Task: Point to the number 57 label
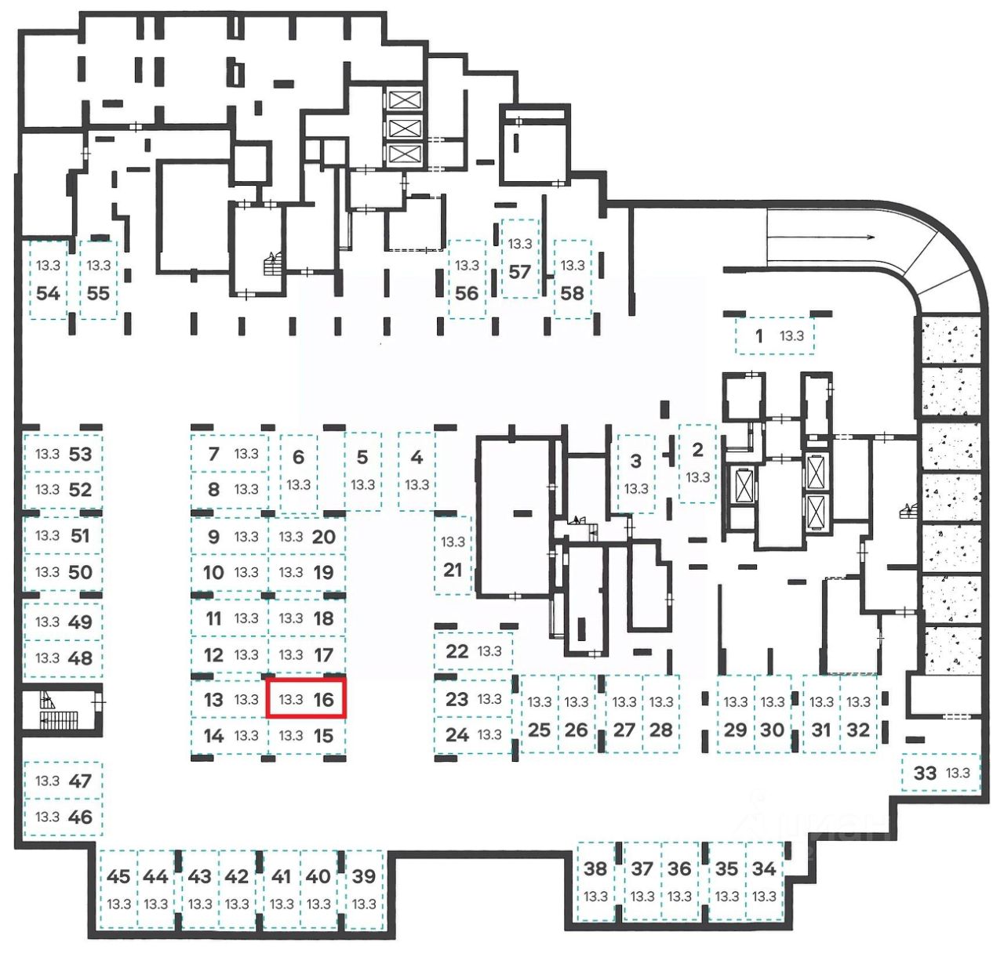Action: pyautogui.click(x=519, y=272)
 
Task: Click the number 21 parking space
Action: pyautogui.click(x=453, y=556)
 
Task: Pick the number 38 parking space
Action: pyautogui.click(x=595, y=881)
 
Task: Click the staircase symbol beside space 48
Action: pyautogui.click(x=60, y=709)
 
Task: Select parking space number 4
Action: pyautogui.click(x=417, y=470)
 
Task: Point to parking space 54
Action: pyautogui.click(x=48, y=279)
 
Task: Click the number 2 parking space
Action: pyautogui.click(x=697, y=463)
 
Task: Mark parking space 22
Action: pyautogui.click(x=473, y=651)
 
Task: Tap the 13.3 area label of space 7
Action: pyautogui.click(x=246, y=454)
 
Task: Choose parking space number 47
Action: pyautogui.click(x=63, y=781)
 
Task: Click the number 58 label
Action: pyautogui.click(x=572, y=293)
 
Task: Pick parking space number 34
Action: pyautogui.click(x=764, y=881)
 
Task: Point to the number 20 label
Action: pyautogui.click(x=323, y=537)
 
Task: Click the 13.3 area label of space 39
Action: pyautogui.click(x=364, y=904)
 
